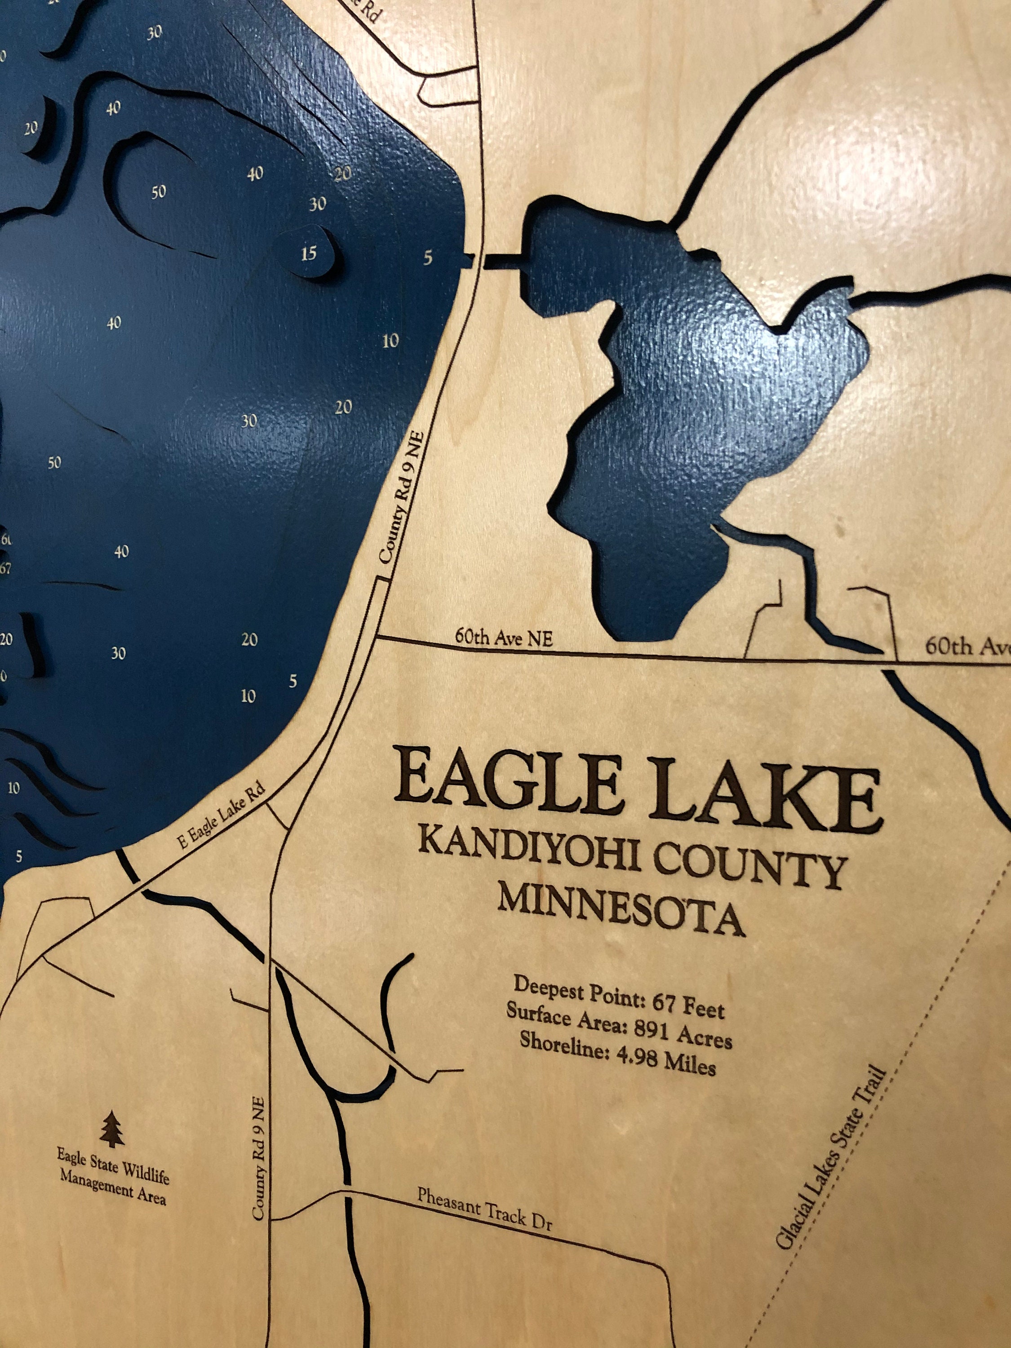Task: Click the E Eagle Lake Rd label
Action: pyautogui.click(x=222, y=816)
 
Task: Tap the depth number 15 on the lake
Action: pyautogui.click(x=309, y=253)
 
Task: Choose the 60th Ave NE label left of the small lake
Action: pyautogui.click(x=504, y=638)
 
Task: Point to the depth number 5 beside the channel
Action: pyautogui.click(x=428, y=258)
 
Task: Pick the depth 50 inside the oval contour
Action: pyautogui.click(x=159, y=192)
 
